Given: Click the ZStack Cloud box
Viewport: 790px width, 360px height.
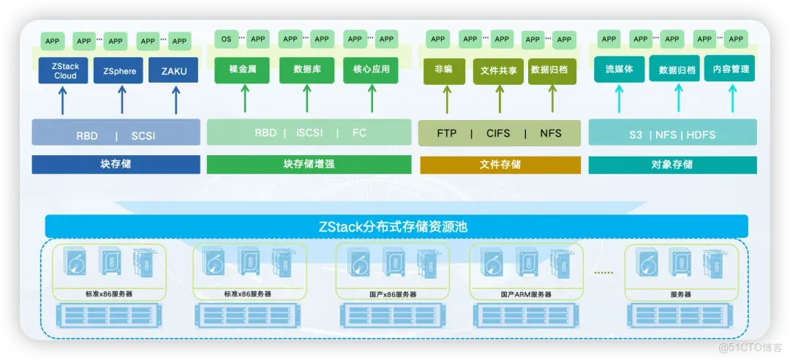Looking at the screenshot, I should (65, 71).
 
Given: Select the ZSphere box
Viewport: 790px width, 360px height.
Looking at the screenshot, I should (119, 71).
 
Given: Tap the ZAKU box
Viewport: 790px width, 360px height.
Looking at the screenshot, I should (173, 71).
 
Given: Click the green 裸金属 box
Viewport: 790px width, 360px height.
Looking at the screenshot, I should (242, 70).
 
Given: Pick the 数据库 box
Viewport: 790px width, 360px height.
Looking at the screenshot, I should (306, 70).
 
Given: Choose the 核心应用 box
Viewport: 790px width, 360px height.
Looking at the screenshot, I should (371, 70).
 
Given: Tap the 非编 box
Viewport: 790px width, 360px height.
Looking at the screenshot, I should (444, 70).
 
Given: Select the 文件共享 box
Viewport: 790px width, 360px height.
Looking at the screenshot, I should (498, 71).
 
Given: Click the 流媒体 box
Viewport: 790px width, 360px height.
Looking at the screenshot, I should (619, 70).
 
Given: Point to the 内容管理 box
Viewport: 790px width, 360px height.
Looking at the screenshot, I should (729, 70).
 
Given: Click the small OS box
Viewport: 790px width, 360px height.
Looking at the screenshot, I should (226, 39).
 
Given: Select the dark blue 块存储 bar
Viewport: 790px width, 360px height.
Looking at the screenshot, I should (116, 165).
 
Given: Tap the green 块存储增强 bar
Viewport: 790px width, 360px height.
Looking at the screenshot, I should (309, 165).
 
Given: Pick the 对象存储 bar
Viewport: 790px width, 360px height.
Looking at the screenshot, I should (671, 165).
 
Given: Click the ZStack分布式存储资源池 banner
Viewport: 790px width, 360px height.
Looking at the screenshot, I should (396, 226).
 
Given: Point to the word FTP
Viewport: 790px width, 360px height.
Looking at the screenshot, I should (446, 134).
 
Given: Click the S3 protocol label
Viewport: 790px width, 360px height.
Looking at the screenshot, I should (635, 135).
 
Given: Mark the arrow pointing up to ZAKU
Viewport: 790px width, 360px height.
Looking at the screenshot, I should (175, 100).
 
